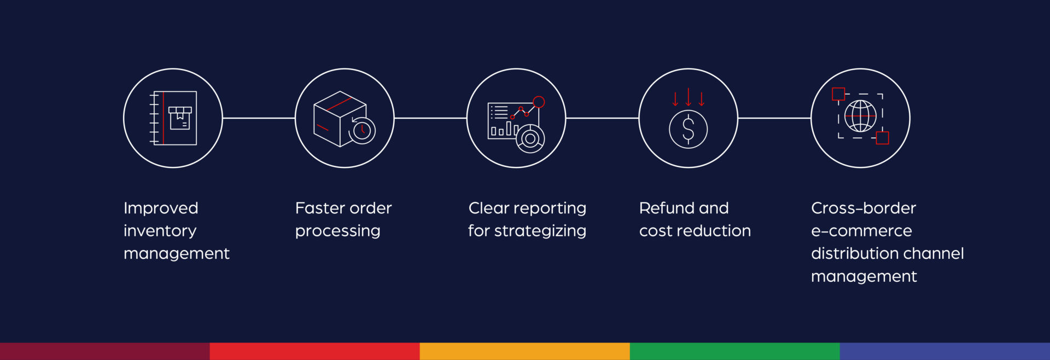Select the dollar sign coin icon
tap(689, 129)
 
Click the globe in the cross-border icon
tap(860, 116)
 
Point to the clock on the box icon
tap(362, 131)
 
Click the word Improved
tap(161, 208)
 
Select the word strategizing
tap(540, 231)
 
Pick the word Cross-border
tap(864, 208)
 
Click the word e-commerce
tap(861, 231)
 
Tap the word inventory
tap(160, 231)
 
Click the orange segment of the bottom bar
tap(525, 351)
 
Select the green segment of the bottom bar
tap(735, 351)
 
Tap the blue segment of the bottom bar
tap(945, 351)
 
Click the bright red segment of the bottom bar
tap(315, 351)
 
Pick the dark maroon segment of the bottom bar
tap(105, 351)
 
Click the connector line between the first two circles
tap(259, 118)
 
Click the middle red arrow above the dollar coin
tap(689, 97)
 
